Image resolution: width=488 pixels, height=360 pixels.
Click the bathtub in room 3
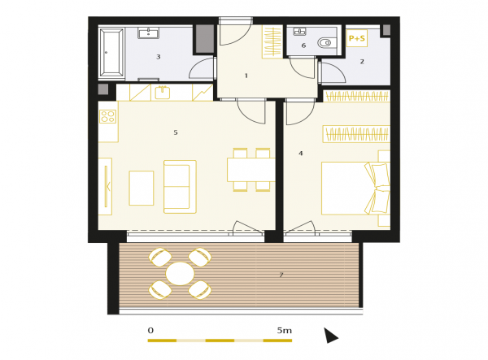[x=111, y=52]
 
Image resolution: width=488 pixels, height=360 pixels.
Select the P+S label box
[x=357, y=38]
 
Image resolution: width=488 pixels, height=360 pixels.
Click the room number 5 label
[x=176, y=132]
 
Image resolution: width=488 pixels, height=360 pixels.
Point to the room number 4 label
[x=301, y=154]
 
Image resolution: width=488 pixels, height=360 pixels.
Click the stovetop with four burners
[x=108, y=116]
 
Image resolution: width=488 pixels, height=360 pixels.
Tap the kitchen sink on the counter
[x=162, y=93]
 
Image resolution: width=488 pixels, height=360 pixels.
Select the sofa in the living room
[x=180, y=187]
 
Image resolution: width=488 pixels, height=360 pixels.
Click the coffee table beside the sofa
[x=142, y=188]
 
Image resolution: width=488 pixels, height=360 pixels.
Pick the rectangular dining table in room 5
[x=251, y=170]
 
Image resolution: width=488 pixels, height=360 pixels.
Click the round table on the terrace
[x=180, y=274]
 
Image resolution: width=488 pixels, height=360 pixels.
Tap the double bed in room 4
[x=355, y=188]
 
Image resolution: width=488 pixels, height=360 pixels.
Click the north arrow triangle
[x=330, y=336]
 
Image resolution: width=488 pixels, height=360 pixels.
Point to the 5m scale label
[x=285, y=330]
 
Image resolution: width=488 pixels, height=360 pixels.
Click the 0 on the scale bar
[x=150, y=330]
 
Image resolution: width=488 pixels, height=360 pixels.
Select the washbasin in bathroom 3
[x=149, y=33]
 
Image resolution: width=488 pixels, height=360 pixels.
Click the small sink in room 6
[x=299, y=32]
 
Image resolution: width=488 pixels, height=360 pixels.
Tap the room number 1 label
[x=246, y=76]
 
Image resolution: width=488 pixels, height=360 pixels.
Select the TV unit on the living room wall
[x=105, y=186]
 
